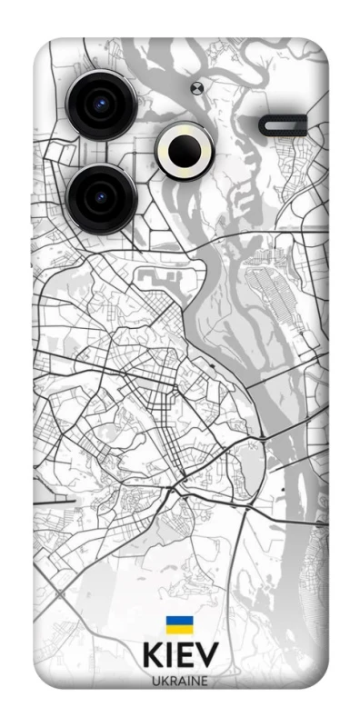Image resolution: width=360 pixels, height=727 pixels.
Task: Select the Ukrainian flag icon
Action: (179, 626)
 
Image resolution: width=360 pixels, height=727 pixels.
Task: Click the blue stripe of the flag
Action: (179, 622)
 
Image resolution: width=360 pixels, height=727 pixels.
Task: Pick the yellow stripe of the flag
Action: (179, 631)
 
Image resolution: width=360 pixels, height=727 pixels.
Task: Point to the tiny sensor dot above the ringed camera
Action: (196, 88)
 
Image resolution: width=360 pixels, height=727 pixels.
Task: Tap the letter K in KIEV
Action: (152, 659)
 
